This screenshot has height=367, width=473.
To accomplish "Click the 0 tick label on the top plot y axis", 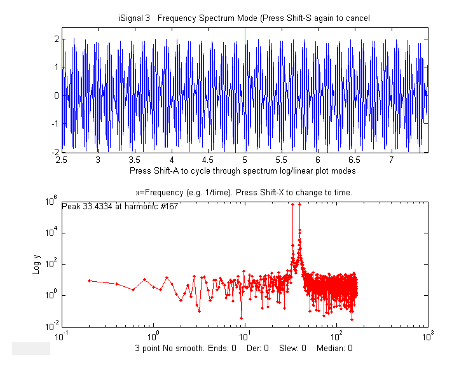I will click(x=57, y=96).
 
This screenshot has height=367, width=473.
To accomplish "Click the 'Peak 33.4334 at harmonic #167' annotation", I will click(x=120, y=206).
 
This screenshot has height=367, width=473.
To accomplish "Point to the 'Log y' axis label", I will click(x=37, y=264).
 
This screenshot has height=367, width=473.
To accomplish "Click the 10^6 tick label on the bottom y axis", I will click(x=52, y=201).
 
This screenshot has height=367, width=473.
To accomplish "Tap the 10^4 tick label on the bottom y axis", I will click(x=52, y=232).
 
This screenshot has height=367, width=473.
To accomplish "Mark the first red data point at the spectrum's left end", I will click(x=89, y=280).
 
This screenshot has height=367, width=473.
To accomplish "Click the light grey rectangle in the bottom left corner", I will click(x=31, y=347).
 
